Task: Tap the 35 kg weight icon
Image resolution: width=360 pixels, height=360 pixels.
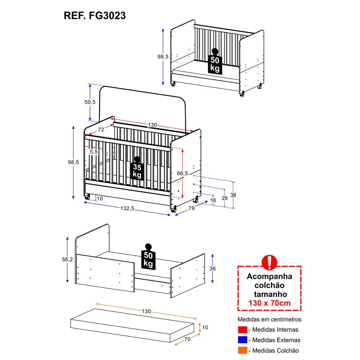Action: (x=137, y=168)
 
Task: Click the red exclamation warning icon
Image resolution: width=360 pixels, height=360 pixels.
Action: (x=269, y=262)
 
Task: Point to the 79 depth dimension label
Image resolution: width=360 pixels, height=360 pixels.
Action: (x=192, y=208)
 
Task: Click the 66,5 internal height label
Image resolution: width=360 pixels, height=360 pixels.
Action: (x=183, y=173)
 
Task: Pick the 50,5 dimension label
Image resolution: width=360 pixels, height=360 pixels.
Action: (x=90, y=102)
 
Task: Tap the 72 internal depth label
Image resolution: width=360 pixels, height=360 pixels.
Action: (x=101, y=130)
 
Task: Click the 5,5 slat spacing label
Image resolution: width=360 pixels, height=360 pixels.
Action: (x=94, y=152)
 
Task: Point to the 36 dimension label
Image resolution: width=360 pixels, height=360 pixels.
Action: (x=213, y=268)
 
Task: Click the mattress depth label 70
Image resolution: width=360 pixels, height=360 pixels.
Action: (x=186, y=339)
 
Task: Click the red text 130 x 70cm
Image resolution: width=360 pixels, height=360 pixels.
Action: (x=269, y=303)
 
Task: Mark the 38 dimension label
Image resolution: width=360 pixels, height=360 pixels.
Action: (x=233, y=195)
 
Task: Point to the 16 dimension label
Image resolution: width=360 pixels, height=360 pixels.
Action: (x=213, y=200)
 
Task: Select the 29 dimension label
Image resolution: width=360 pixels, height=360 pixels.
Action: (x=225, y=198)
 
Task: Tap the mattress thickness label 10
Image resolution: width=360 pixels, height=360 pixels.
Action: (x=205, y=327)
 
